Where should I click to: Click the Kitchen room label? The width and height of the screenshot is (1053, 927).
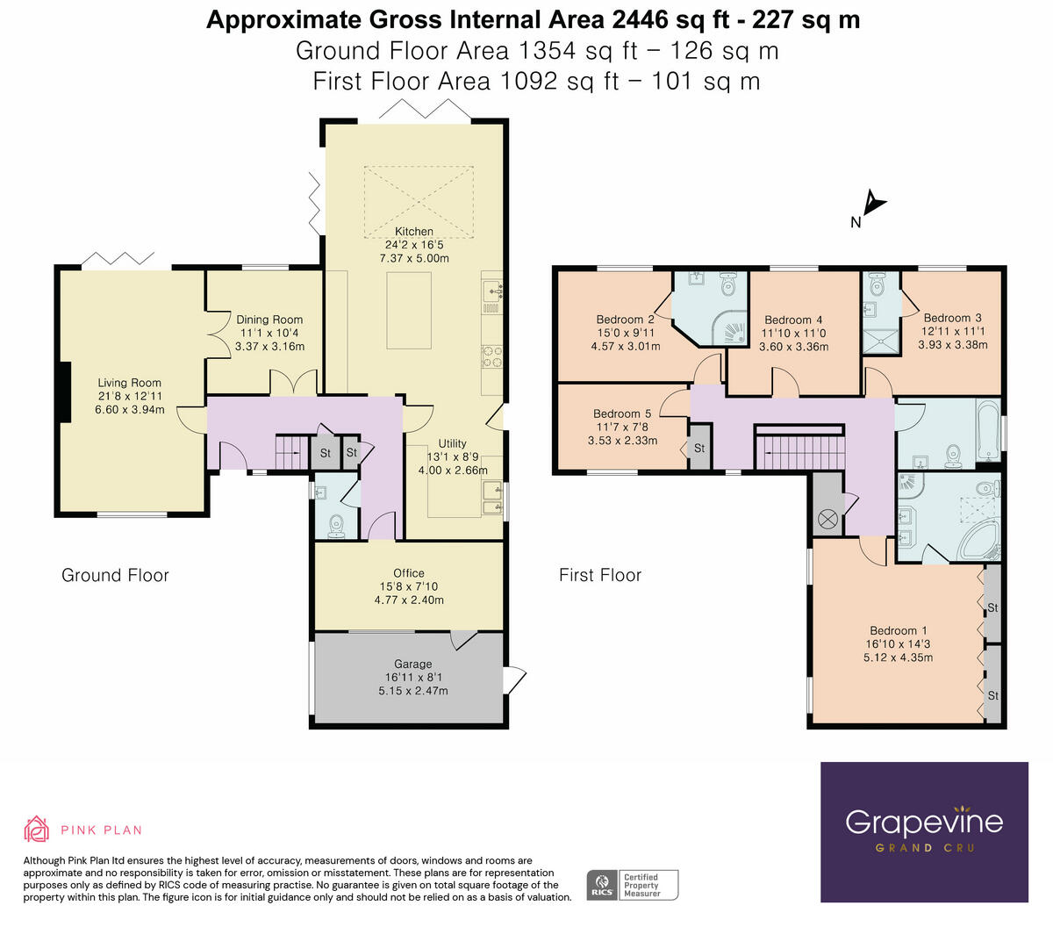point(413,232)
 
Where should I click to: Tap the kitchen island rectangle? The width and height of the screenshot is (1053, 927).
point(409,310)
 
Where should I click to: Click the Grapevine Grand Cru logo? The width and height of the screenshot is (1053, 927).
point(924,830)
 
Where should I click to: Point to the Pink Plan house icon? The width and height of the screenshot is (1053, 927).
point(36,829)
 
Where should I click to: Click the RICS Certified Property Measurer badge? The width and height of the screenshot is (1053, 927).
point(632,884)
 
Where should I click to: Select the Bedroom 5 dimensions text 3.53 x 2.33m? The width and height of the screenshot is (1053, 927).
point(622,441)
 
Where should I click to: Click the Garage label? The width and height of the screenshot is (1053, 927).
point(412,665)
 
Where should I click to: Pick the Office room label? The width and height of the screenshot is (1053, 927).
point(409,573)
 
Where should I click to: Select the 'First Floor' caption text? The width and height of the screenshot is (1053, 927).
point(600,575)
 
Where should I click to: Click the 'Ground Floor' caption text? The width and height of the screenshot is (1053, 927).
point(115,575)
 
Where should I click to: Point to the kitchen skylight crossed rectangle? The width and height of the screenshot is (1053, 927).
point(419,198)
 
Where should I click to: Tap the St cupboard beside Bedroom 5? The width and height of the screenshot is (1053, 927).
point(699,448)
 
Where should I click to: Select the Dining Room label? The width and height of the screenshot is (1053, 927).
point(269,320)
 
